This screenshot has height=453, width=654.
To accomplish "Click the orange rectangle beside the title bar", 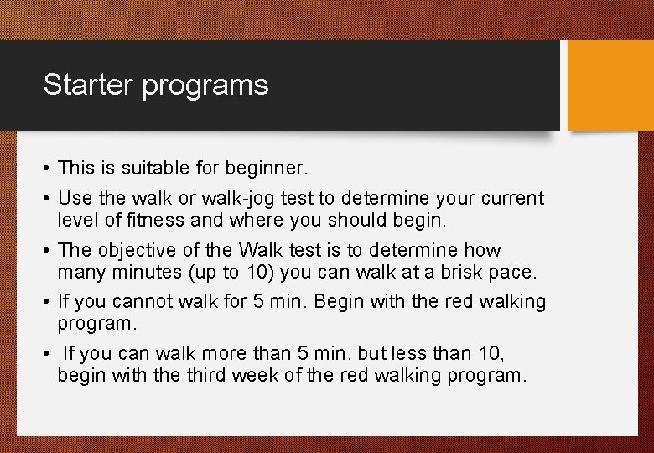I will click(610, 86).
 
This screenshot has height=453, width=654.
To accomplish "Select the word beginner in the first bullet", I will click(267, 169).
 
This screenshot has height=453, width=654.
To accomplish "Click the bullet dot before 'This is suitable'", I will click(47, 169).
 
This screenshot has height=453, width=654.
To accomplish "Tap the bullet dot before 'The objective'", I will click(47, 251).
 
